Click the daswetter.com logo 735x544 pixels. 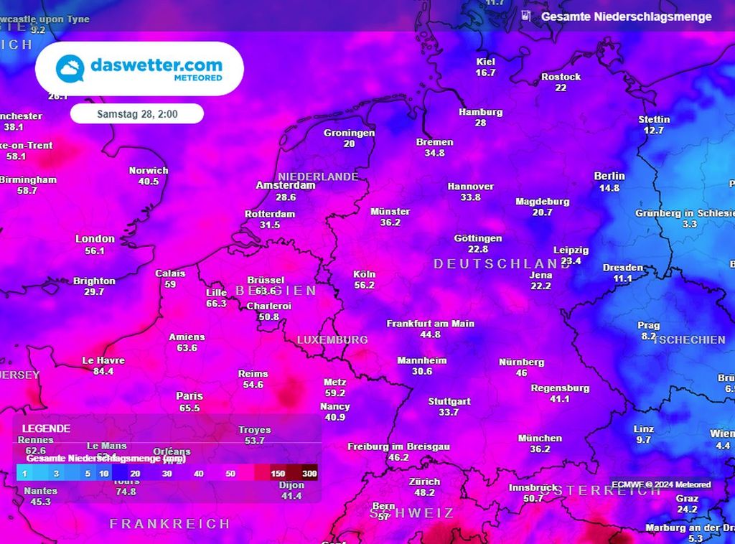point(139,69)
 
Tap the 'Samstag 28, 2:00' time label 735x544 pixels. point(136,114)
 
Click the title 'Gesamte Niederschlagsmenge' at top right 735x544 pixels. point(626,17)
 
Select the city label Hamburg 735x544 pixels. point(480,112)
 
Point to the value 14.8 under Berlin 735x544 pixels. point(609,188)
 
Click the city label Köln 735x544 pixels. point(364,274)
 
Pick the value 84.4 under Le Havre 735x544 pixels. point(103,372)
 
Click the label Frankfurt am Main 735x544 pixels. point(430,324)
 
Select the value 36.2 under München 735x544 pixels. point(540,449)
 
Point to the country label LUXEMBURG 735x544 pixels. point(332,339)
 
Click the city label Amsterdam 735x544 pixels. point(286,185)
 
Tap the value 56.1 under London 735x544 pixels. point(95,251)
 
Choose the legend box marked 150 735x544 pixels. point(278,474)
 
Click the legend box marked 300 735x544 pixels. point(309,474)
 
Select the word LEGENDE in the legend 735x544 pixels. point(46,428)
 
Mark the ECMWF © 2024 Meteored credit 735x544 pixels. point(661,485)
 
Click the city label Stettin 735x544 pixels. point(654,119)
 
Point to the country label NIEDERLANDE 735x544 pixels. point(318,177)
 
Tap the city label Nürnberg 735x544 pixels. point(521,362)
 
